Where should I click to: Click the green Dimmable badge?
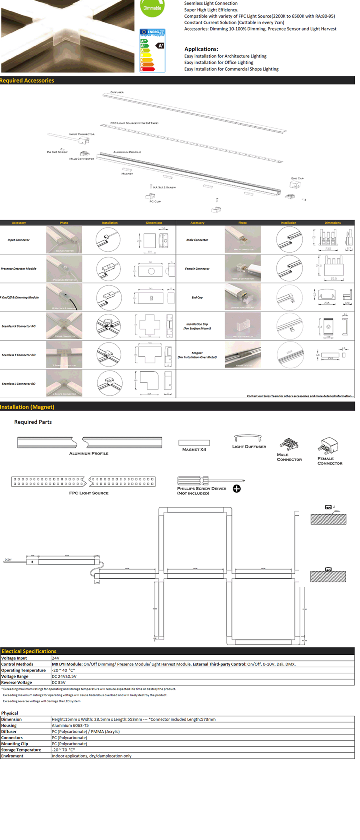(152, 7)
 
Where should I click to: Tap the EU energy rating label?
(152, 50)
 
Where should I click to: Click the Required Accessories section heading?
(27, 81)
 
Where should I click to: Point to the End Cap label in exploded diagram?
(297, 178)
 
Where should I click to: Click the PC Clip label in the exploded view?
(155, 202)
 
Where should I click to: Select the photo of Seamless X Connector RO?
(64, 326)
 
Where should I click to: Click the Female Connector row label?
(197, 269)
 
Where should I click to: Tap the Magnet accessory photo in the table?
(243, 354)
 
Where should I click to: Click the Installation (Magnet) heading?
(27, 407)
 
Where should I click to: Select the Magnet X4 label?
(194, 449)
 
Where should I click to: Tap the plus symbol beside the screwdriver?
(237, 488)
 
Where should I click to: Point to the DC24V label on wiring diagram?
(8, 559)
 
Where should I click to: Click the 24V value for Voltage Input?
(56, 658)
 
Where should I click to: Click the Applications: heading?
(201, 49)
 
